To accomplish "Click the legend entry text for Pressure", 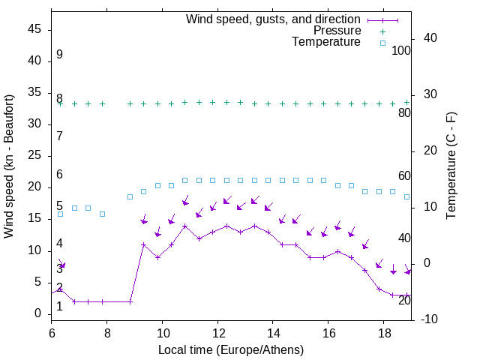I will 337,31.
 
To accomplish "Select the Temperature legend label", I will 326,42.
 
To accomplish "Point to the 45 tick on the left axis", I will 34,29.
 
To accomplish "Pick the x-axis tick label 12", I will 217,332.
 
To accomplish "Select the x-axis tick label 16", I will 328,332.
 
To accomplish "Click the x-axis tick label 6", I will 52,332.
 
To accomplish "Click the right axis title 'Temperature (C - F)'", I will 451,166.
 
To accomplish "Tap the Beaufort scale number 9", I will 59,55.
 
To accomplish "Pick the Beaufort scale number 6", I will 59,175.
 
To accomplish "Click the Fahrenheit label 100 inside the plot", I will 401,50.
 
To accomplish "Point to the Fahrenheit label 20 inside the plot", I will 404,300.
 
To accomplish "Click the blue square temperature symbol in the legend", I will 382,43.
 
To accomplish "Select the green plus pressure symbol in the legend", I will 382,31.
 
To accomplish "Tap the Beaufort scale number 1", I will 59,307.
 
